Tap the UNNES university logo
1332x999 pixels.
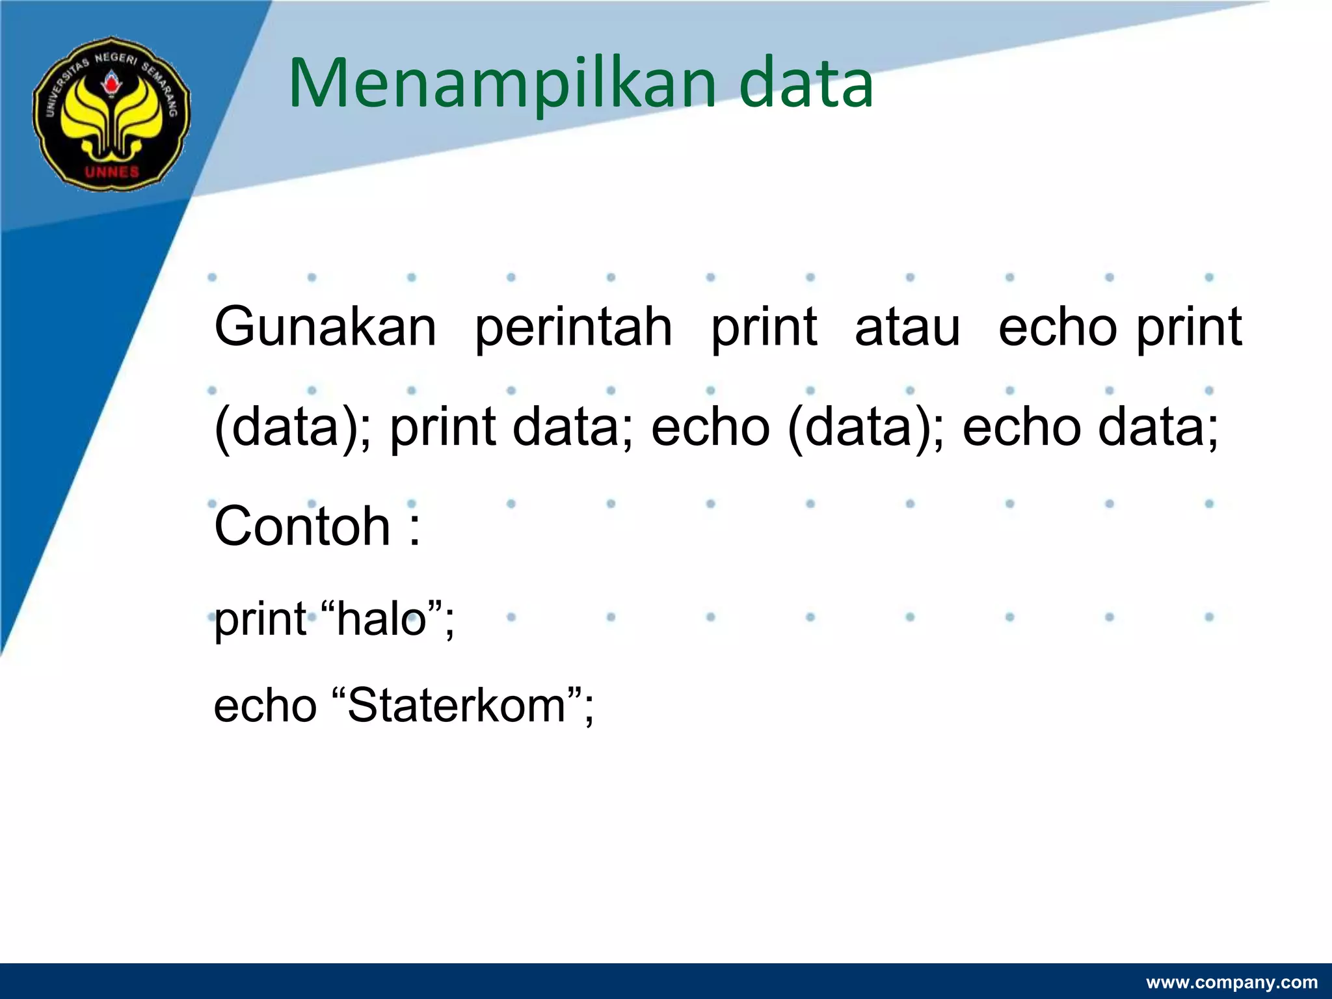(112, 114)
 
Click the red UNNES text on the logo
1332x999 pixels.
(112, 172)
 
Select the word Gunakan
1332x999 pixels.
(325, 327)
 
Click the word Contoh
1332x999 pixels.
(302, 527)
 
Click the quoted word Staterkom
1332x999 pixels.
(457, 706)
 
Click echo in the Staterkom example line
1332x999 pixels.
(265, 706)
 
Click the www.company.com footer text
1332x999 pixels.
(1231, 982)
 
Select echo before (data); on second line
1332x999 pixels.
(710, 428)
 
